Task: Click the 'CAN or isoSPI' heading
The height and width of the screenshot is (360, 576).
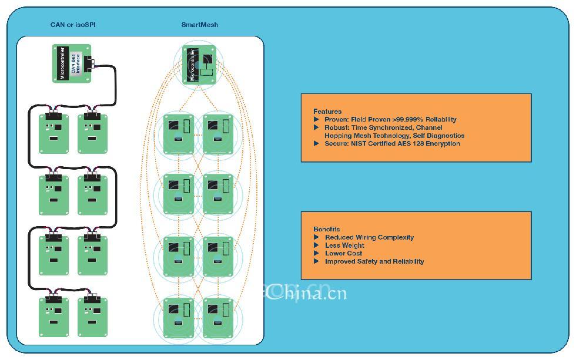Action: pos(73,25)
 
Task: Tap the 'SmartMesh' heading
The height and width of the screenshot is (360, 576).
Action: pos(199,25)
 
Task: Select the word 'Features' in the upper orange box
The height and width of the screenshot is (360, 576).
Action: pos(327,112)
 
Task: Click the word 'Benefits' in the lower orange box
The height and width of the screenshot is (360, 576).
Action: pos(327,230)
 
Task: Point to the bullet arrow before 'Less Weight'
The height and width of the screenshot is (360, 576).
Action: pos(317,245)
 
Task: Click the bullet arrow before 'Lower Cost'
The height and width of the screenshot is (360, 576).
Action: pos(317,254)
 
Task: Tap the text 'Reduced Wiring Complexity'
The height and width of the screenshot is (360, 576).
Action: pos(369,237)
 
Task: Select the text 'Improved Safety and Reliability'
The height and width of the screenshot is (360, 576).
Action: pos(374,261)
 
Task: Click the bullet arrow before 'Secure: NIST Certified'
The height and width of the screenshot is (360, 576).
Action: pos(317,144)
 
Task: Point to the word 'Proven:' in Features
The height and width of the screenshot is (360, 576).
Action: pos(337,120)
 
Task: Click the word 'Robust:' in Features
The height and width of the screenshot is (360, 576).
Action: pos(337,127)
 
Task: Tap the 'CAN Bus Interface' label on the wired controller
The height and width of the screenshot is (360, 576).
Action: pos(75,63)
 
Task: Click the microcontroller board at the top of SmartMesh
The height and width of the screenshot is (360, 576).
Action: pos(199,65)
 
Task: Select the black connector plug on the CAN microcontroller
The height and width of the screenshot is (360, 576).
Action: pos(89,63)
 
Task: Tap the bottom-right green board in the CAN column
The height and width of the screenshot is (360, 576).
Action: pos(92,317)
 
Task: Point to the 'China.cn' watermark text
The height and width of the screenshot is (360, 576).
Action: pos(306,292)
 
